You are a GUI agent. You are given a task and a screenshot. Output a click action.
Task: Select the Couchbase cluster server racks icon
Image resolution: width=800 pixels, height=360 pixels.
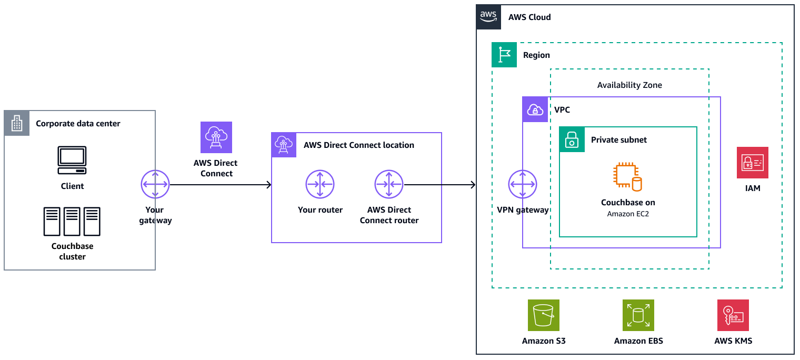72,222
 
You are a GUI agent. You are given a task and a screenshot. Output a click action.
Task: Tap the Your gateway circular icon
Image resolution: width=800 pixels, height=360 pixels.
155,184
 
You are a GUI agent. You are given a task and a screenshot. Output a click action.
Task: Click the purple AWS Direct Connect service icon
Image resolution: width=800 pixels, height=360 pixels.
216,137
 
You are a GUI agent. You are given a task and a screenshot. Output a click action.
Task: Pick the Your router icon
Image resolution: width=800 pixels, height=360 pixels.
320,184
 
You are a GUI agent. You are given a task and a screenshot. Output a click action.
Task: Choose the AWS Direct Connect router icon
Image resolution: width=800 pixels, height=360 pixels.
389,184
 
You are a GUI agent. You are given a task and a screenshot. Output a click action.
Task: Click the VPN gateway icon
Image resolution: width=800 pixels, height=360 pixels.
523,184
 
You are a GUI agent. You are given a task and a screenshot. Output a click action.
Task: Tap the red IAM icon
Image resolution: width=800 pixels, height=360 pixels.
753,163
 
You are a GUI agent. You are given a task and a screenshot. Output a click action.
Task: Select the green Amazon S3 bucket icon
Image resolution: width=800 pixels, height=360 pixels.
544,315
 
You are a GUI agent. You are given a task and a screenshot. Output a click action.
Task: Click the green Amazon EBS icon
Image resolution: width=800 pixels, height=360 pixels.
638,315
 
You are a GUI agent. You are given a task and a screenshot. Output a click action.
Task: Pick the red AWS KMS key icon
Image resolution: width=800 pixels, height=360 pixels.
733,315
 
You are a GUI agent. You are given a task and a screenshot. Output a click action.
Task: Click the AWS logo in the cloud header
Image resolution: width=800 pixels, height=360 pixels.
488,17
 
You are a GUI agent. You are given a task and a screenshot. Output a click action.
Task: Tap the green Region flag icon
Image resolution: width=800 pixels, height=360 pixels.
504,55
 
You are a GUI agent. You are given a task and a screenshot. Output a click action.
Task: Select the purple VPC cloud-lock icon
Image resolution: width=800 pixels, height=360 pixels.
535,109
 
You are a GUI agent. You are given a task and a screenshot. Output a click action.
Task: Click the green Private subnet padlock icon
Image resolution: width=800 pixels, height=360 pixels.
572,139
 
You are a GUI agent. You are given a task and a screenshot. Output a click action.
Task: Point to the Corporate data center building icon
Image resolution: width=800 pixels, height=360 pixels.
17,123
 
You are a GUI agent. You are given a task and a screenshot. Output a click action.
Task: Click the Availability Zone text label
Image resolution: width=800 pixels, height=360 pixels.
629,85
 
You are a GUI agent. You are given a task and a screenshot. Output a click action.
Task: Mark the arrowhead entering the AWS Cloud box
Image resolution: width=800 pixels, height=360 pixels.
473,185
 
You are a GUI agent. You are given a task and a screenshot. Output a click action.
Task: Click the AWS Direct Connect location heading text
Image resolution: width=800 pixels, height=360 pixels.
359,145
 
